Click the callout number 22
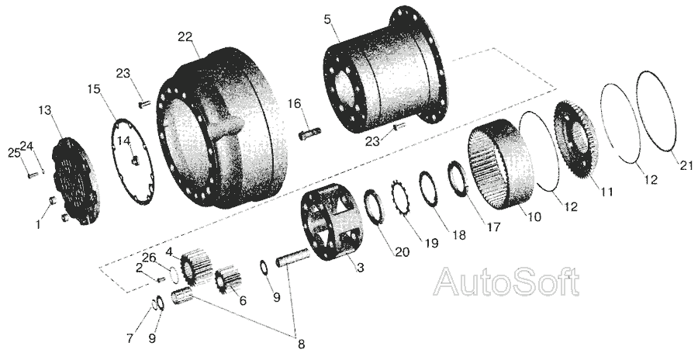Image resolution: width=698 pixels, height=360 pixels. (x=184, y=36)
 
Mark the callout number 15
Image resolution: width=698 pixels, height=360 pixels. (x=93, y=89)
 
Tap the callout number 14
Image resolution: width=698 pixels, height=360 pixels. (x=123, y=140)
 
